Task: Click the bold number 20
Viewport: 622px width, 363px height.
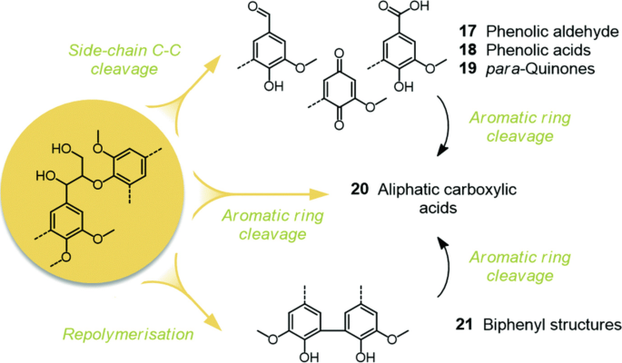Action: [361, 189]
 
